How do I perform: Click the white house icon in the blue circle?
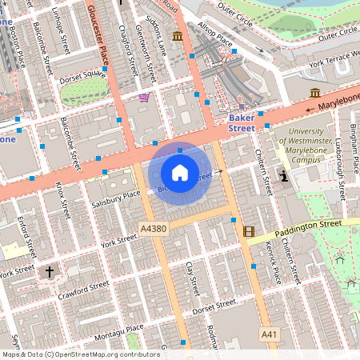pos(179,172)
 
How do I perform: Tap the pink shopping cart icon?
pos(144,98)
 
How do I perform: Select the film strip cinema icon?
pos(249,232)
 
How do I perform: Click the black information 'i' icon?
pos(282,175)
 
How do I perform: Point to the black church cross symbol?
pos(49,273)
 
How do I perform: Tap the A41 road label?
pos(270,333)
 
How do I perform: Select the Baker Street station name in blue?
pos(242,122)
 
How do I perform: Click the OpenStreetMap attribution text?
pos(70,354)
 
